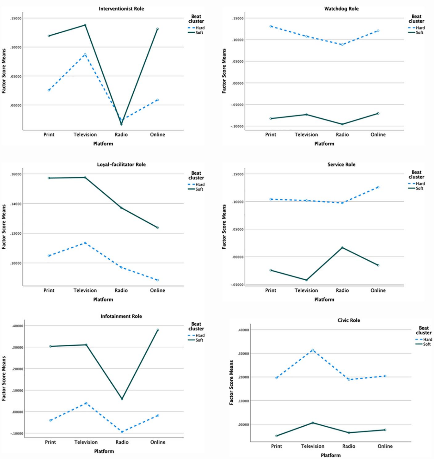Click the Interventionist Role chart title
(x=121, y=9)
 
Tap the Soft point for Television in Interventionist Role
(x=85, y=25)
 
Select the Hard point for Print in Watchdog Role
(x=271, y=27)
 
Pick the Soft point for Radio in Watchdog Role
(x=342, y=124)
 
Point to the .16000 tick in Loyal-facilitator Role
(x=16, y=174)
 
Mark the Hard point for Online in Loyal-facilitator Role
(x=158, y=280)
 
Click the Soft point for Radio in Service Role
(x=342, y=248)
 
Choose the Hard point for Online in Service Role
(x=378, y=187)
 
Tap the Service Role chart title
(x=341, y=164)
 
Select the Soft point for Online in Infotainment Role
(x=158, y=330)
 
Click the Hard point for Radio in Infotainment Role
(x=122, y=432)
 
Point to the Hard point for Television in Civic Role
(x=313, y=350)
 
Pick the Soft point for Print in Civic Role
(x=276, y=436)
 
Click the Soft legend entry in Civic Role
(x=424, y=344)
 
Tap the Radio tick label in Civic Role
(x=349, y=446)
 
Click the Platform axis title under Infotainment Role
(x=104, y=451)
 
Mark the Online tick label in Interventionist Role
(x=158, y=134)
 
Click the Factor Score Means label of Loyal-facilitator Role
(x=4, y=227)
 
